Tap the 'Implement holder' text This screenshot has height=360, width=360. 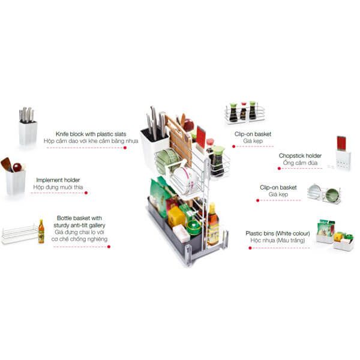[58, 179]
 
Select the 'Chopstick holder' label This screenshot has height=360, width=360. [300, 155]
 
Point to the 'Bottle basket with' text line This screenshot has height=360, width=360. [79, 218]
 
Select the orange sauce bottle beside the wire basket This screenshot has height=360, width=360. [41, 231]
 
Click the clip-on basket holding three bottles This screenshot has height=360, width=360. [242, 112]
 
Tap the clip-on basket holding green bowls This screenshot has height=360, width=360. [325, 194]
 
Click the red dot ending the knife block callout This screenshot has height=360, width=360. [125, 147]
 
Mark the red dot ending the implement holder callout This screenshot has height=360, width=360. [85, 193]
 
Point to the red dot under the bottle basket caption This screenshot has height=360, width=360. [109, 246]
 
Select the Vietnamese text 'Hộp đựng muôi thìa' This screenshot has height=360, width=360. [58, 187]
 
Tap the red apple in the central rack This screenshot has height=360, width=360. [188, 125]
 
